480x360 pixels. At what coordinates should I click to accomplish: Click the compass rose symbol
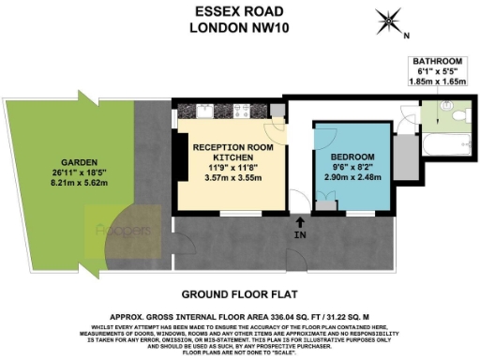tap(387, 21)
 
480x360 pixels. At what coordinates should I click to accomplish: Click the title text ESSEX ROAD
tap(236, 11)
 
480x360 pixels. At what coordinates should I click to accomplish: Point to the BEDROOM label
tap(352, 155)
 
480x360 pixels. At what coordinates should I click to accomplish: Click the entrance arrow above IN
tap(299, 221)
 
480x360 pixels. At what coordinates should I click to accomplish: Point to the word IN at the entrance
tap(299, 234)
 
